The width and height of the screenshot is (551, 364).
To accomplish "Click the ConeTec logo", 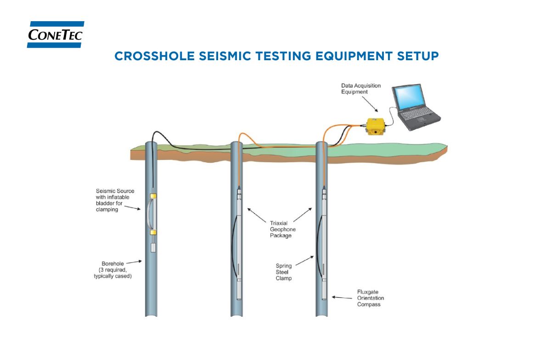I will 55,34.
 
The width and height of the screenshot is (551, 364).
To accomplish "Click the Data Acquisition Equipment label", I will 360,89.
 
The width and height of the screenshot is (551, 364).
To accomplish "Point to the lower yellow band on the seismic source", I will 154,233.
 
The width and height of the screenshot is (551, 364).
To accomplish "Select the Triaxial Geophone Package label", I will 281,229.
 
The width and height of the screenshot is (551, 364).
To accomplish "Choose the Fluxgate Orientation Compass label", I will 370,298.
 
